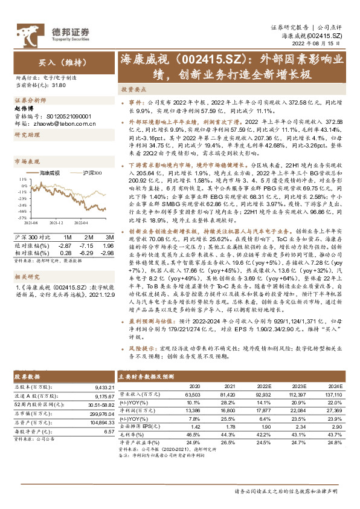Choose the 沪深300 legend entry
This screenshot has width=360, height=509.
pyautogui.click(x=92, y=173)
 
